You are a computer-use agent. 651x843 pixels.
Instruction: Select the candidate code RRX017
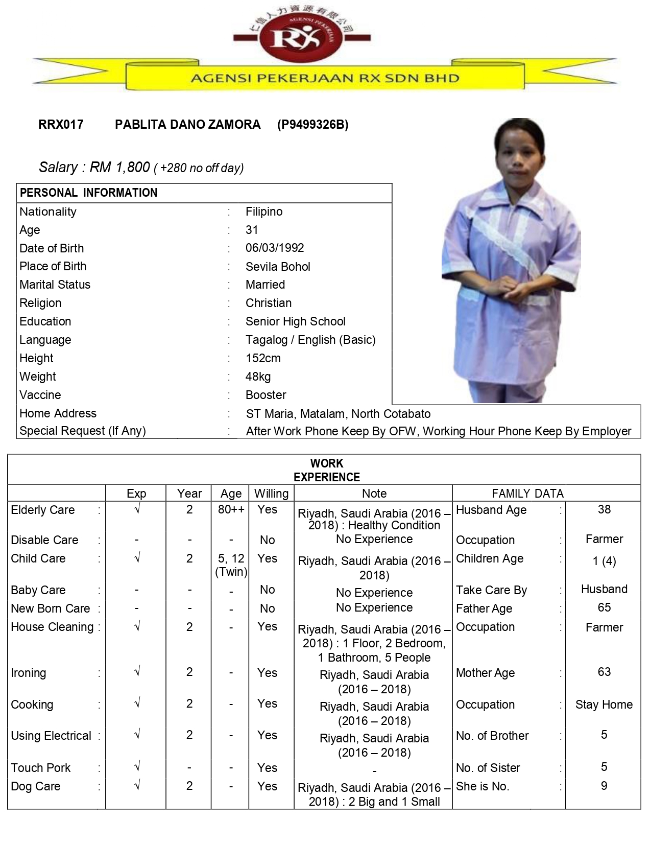pos(61,125)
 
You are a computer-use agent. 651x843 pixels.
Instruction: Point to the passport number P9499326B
pos(312,125)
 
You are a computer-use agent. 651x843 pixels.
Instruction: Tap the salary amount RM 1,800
pos(119,167)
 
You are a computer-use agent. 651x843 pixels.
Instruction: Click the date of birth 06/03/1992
pos(275,248)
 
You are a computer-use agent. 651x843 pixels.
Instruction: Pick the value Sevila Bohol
pos(278,266)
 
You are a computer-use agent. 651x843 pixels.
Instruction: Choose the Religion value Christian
pos(269,303)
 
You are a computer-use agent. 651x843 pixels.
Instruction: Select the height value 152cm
pos(263,358)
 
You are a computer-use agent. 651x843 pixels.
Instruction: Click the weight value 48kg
pos(258,377)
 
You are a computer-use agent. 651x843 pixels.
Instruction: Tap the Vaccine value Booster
pos(266,395)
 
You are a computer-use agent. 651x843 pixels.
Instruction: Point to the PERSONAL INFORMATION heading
pos(88,193)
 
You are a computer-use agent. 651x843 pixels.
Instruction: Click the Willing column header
pos(271,494)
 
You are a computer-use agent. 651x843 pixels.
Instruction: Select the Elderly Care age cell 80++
pos(231,509)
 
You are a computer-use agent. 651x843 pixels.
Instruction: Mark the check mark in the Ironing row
pos(136,672)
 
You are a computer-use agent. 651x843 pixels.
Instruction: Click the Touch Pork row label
pos(41,767)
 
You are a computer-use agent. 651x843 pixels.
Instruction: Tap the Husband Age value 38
pos(604,509)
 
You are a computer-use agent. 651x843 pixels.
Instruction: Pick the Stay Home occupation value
pos(604,705)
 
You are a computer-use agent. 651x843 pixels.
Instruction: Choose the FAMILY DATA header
pos(527,494)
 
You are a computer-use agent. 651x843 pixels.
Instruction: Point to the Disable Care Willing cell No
pos(267,540)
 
